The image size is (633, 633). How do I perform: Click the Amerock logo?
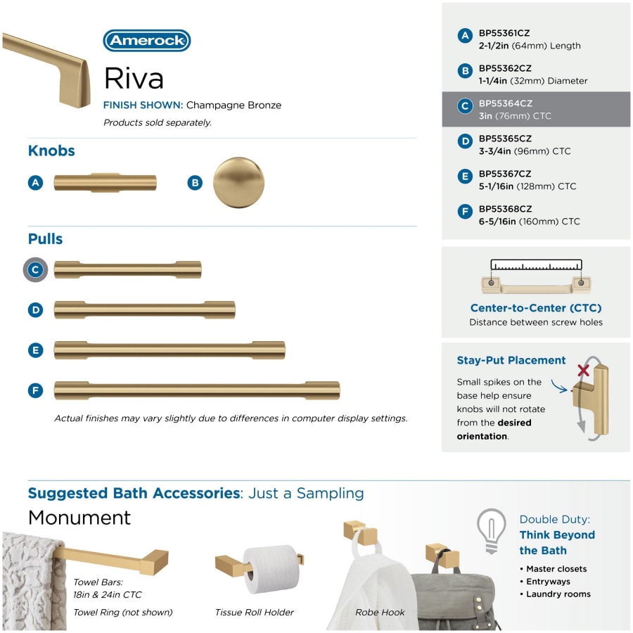coord(147,41)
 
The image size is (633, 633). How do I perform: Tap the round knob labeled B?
coord(238,182)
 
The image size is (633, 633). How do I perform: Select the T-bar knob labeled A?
coord(105,182)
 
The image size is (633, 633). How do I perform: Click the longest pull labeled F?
coord(197,390)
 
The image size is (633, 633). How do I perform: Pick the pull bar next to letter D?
coord(144,309)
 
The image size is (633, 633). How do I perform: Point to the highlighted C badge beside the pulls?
coord(36,269)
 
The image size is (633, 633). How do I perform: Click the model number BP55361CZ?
coord(505,32)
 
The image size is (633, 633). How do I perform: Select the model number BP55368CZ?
coord(505,209)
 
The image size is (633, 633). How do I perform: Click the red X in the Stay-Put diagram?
coord(583,370)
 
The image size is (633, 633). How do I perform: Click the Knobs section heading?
coord(51,151)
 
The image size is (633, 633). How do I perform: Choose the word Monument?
coord(79,518)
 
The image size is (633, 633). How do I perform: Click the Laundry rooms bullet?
coord(558,594)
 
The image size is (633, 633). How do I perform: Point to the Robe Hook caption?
coord(380,613)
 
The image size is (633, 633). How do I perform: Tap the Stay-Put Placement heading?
coord(511,360)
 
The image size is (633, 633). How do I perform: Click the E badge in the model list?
coord(465,177)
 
